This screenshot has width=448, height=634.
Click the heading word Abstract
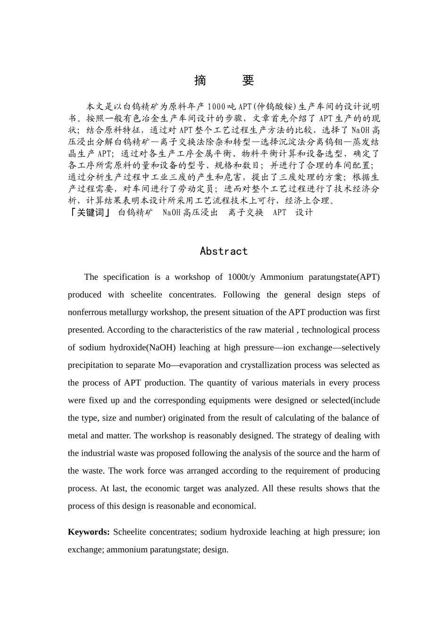point(224,251)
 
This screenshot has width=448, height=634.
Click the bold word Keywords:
point(89,532)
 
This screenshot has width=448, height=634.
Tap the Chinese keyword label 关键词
point(90,212)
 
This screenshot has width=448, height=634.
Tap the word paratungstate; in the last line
point(176,550)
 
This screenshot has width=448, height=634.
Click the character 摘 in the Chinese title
point(200,81)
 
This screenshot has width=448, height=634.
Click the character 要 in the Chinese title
point(249,81)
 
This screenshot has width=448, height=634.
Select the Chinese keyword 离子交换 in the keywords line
point(246,212)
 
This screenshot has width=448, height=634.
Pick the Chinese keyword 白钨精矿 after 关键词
point(135,212)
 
